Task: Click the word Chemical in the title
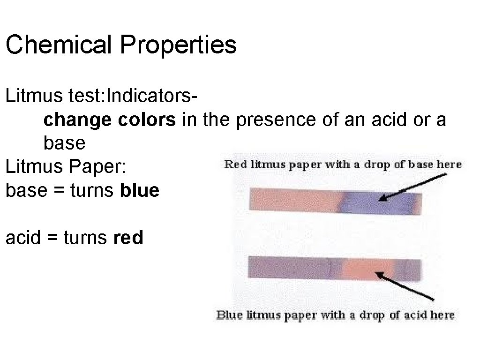(58, 45)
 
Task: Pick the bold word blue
(140, 190)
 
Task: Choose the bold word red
(128, 238)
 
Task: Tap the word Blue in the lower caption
(229, 315)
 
